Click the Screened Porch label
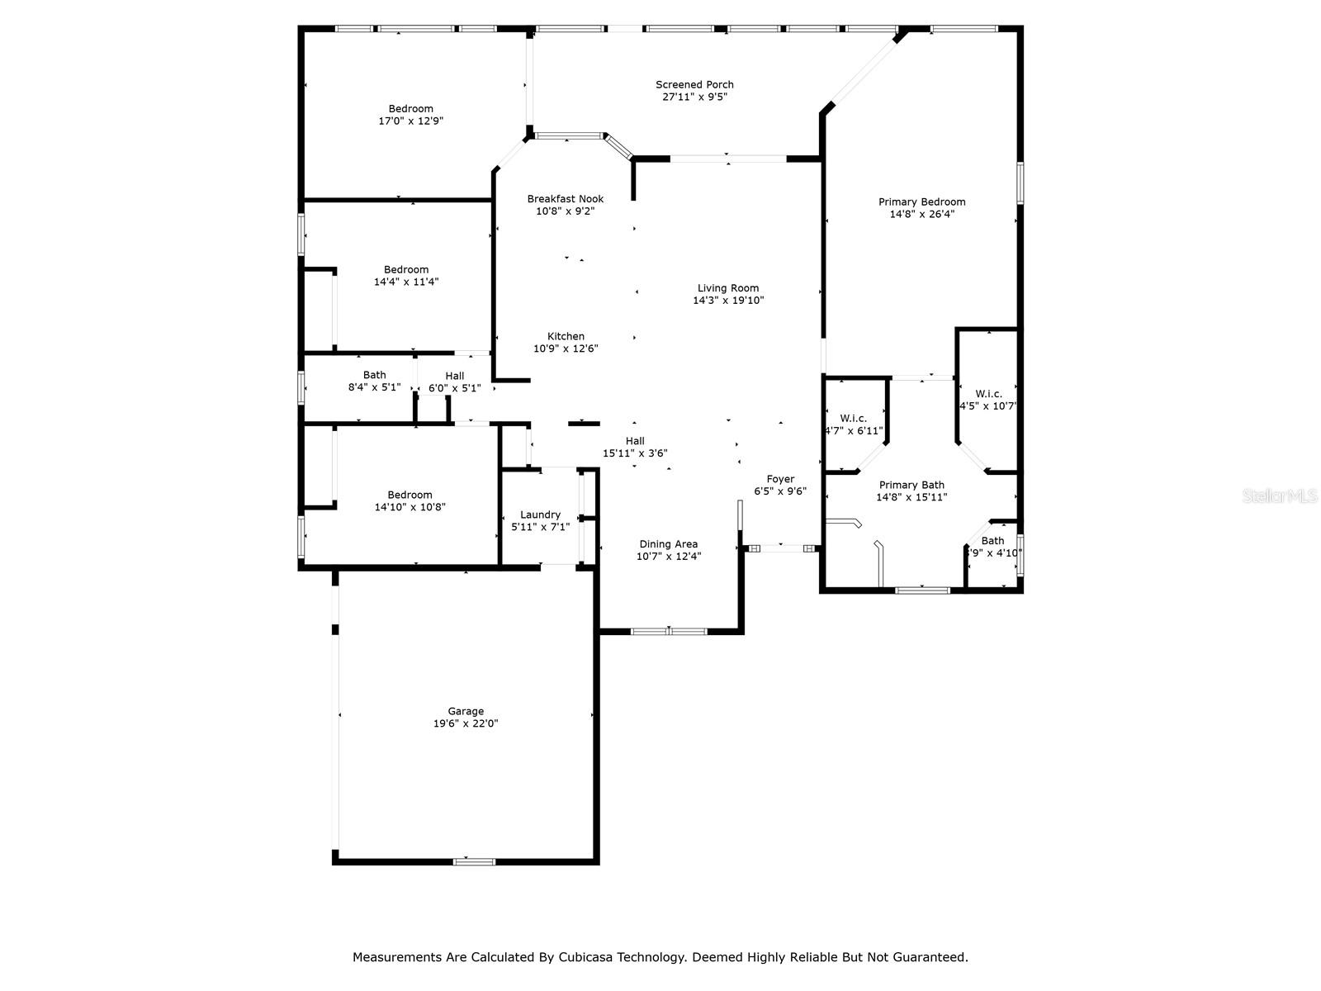point(694,85)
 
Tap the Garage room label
point(465,711)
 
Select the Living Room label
point(727,288)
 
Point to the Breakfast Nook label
point(565,198)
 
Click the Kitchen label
point(565,336)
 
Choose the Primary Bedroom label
point(921,202)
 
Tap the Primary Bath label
point(911,485)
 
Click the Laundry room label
point(540,515)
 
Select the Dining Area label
point(668,544)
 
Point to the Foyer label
point(780,479)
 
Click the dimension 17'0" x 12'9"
point(410,121)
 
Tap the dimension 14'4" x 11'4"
point(406,282)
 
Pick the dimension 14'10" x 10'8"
point(410,506)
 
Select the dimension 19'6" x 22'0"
point(465,723)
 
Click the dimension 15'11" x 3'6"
point(635,453)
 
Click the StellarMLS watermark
point(1279,495)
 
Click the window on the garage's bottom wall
point(474,861)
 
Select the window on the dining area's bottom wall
point(669,631)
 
